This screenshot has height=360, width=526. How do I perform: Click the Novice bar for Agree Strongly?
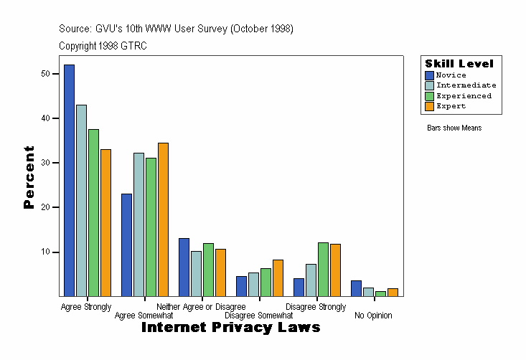[69, 180]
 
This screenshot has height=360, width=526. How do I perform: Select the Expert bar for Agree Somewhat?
[163, 219]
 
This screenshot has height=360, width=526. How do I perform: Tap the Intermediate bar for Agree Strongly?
[81, 200]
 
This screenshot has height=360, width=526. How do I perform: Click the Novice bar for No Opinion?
[356, 288]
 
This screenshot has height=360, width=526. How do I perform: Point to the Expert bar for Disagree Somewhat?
[278, 278]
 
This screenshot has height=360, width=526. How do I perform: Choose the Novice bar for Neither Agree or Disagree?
[184, 267]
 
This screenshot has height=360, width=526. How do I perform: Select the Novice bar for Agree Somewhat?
[126, 245]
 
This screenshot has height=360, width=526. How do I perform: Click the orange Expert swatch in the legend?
[429, 106]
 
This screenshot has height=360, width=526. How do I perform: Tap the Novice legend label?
[451, 75]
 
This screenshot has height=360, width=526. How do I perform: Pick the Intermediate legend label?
[466, 85]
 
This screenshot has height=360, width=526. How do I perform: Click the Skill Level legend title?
[459, 64]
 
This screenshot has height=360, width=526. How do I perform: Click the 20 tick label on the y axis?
[46, 207]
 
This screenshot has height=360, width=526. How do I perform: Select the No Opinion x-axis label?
[373, 316]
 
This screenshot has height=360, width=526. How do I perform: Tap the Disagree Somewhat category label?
[258, 316]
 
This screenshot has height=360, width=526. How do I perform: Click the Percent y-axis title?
[29, 177]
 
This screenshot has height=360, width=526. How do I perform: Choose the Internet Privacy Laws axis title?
[230, 328]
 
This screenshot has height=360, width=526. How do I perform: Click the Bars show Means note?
[454, 128]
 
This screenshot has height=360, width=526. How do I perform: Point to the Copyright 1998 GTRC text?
[103, 46]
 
